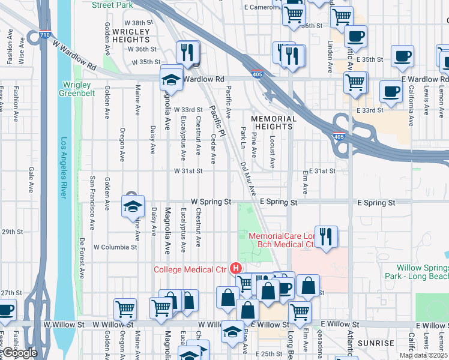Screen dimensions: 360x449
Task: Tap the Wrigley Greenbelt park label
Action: point(77,89)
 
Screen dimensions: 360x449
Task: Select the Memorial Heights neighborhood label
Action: point(274,123)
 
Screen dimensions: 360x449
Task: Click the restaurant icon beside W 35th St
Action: point(188,53)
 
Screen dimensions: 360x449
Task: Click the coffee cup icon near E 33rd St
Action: point(390,92)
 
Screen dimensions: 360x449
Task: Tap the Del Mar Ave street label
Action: point(249,178)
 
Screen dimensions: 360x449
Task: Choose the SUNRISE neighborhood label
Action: point(375,343)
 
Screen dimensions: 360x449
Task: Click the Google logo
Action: point(20,353)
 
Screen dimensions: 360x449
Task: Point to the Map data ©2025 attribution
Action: point(423,355)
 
